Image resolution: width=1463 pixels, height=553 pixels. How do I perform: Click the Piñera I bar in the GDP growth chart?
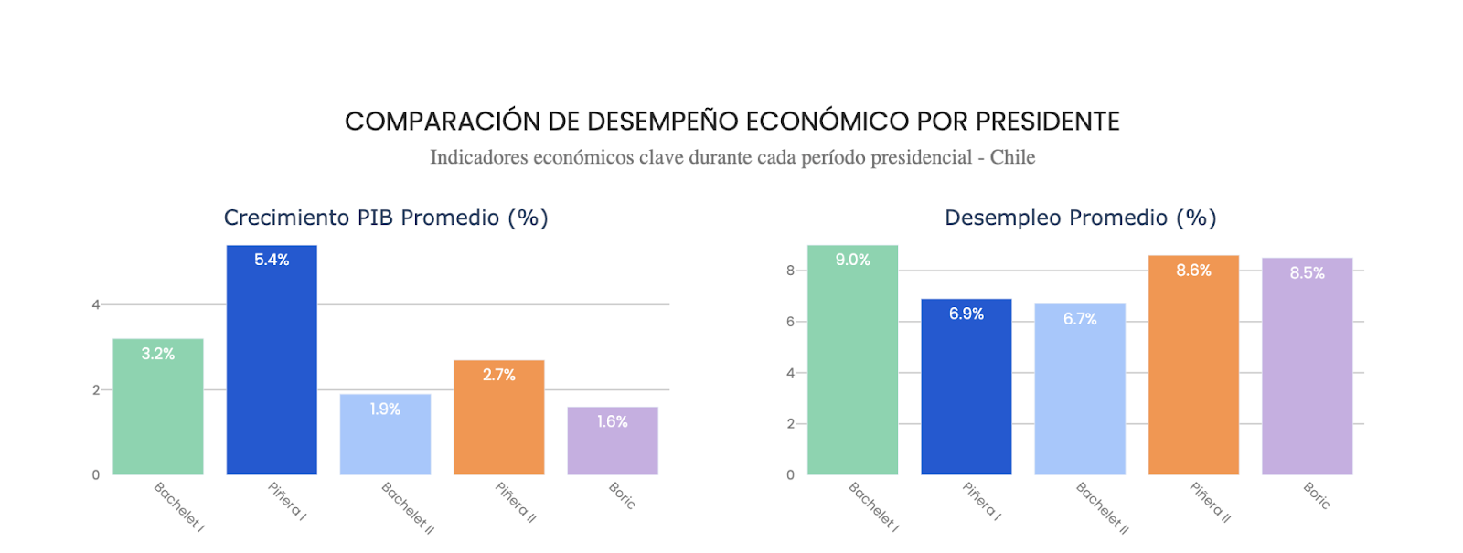point(272,366)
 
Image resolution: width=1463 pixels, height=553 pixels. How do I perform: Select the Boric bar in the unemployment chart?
point(1307,375)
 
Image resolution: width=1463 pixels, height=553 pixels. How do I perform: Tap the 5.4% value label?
point(272,260)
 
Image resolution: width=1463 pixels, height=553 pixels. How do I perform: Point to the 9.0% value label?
point(852,260)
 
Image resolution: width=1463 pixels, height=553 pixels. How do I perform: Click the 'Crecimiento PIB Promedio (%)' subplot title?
point(386,218)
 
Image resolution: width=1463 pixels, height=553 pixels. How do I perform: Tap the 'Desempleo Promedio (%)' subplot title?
point(1080,218)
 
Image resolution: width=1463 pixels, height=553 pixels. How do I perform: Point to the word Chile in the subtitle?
point(1012,157)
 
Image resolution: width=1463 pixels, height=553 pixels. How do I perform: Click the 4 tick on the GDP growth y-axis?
point(96,304)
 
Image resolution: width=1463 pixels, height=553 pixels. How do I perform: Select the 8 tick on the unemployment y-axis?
point(790,271)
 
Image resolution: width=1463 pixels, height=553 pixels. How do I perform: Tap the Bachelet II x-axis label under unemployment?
point(1102,507)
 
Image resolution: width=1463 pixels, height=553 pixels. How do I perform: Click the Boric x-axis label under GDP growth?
point(622,495)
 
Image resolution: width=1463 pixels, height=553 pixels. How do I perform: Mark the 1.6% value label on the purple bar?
point(612,421)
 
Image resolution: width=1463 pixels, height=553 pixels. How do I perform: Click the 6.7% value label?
point(1079,319)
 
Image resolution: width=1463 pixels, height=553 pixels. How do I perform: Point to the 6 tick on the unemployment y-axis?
point(790,322)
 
